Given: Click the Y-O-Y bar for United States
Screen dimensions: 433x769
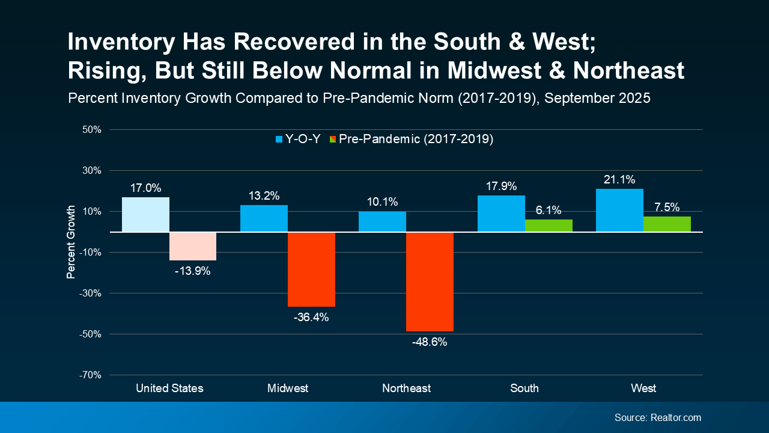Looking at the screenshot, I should coord(145,215).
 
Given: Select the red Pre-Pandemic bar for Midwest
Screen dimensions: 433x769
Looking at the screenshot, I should coord(311,269).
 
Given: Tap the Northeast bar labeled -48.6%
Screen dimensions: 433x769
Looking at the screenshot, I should coord(430,281).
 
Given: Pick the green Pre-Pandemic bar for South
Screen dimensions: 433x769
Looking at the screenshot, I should coord(549,226).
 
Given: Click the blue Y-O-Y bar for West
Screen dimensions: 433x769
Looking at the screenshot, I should coord(619,210).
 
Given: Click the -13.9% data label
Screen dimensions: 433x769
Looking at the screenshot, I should coord(193,271).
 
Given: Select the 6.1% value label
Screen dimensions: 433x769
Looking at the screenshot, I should coord(548,210).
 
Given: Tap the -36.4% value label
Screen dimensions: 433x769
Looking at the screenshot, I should coord(311,317).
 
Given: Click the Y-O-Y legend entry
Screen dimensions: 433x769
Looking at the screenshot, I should coord(297,140).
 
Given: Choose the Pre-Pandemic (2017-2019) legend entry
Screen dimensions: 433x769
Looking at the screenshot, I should coord(411,140).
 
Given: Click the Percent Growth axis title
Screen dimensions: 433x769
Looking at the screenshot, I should coord(71,242).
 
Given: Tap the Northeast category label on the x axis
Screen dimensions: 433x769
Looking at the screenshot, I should coord(406,388).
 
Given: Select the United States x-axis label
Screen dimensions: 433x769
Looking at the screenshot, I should coord(169,388).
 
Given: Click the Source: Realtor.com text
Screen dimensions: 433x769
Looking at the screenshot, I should coord(657,417).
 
